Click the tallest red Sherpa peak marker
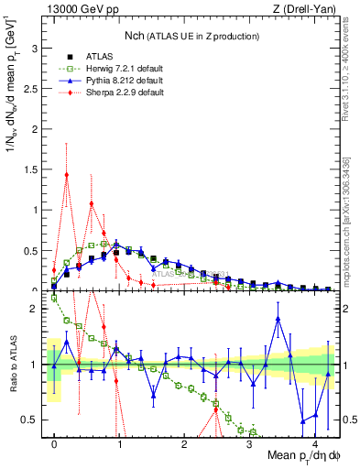coord(67,175)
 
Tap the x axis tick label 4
coord(314,443)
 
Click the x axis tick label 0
coord(55,443)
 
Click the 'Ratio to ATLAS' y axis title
coord(12,364)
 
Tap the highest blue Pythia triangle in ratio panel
coord(278,319)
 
